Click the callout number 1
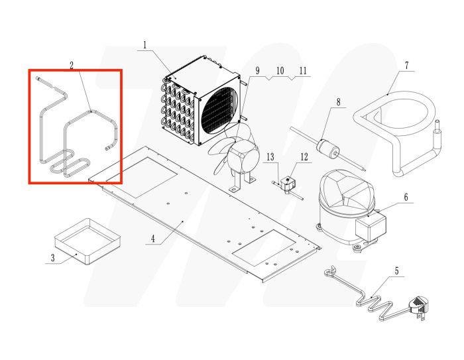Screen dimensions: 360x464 click(x=145, y=45)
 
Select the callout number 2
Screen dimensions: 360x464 click(x=71, y=65)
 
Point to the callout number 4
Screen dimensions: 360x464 click(x=153, y=238)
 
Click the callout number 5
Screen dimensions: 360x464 click(x=397, y=270)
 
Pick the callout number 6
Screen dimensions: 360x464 click(x=406, y=197)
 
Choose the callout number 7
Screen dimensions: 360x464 click(x=406, y=65)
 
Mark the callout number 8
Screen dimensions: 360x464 click(x=338, y=102)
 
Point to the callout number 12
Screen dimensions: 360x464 click(x=304, y=157)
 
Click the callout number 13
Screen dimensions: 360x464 click(x=270, y=157)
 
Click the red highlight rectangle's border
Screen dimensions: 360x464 click(x=29, y=126)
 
